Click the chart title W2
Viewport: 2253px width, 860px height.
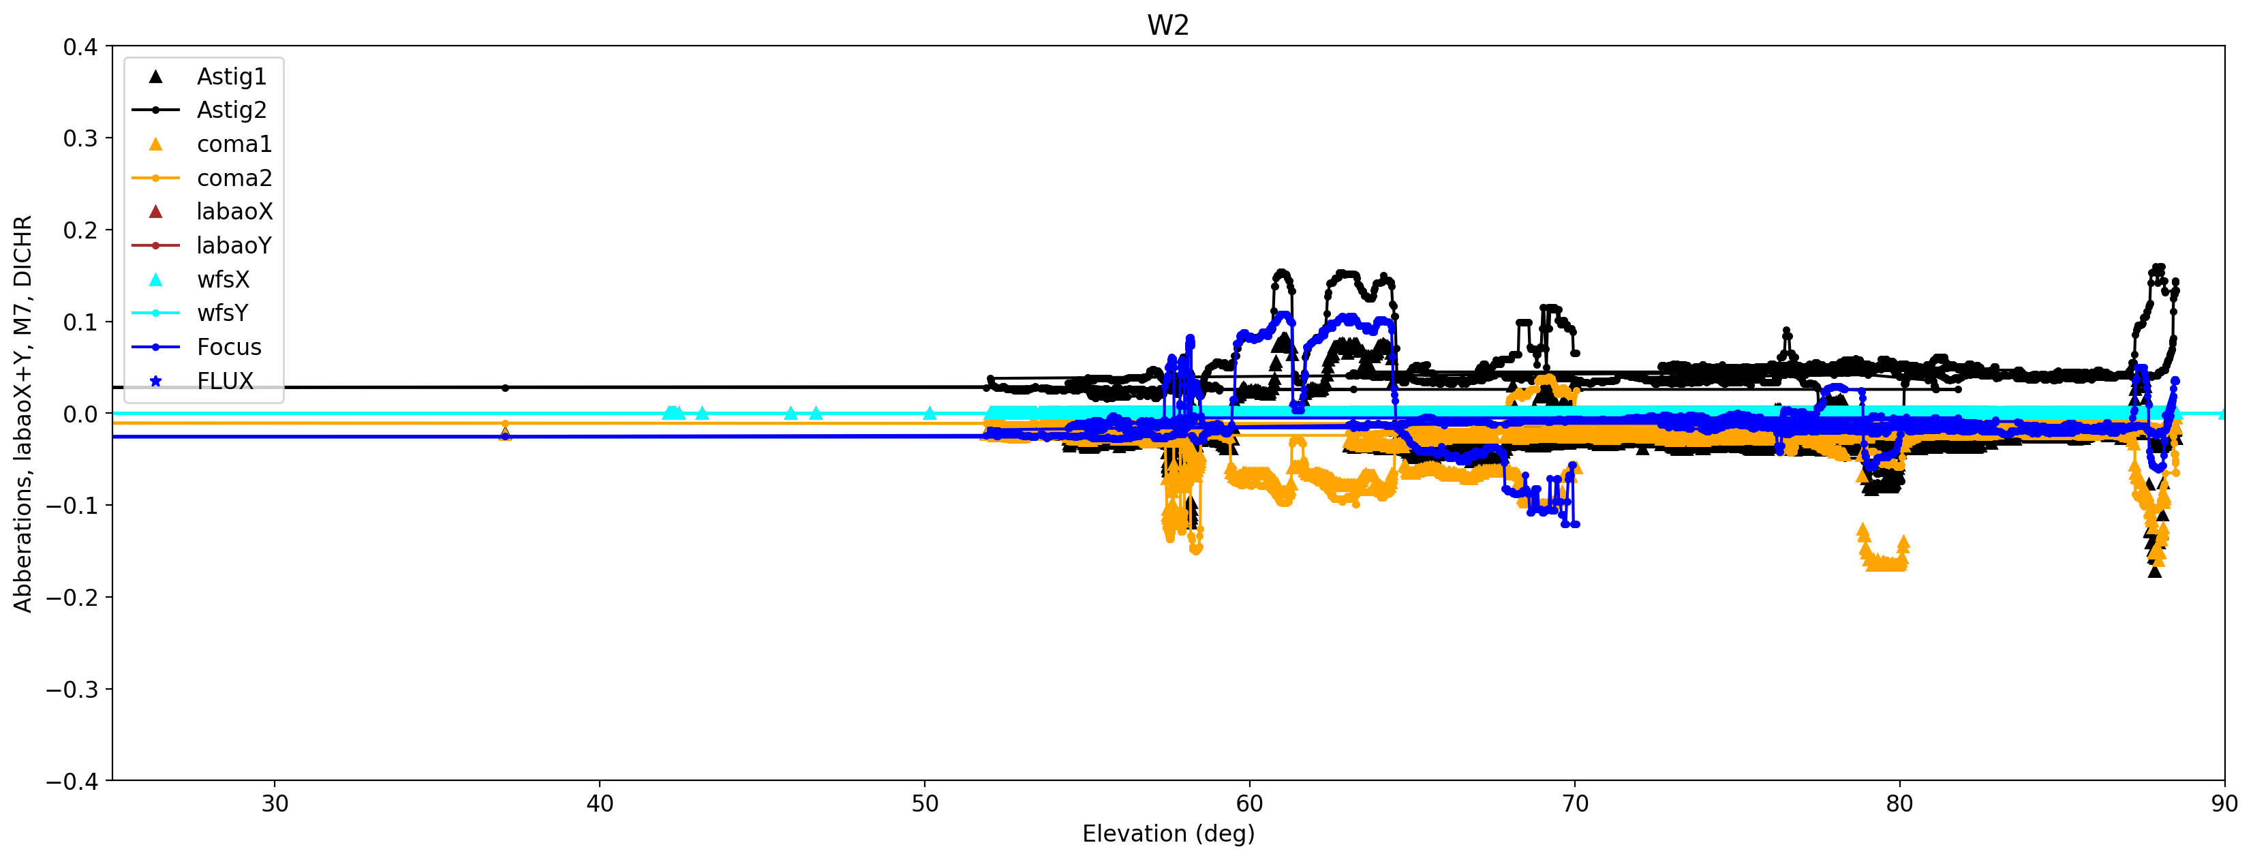pos(1167,25)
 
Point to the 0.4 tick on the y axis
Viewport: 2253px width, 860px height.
pos(80,47)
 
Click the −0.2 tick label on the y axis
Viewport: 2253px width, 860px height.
pos(73,598)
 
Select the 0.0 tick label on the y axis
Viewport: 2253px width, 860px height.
pos(80,414)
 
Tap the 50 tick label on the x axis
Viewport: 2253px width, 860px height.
pos(925,804)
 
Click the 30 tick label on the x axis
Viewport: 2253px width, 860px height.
pos(275,804)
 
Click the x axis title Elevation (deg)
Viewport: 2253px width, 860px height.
pos(1167,833)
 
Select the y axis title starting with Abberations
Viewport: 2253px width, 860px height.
pos(22,413)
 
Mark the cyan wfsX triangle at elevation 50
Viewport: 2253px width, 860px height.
pos(930,413)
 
